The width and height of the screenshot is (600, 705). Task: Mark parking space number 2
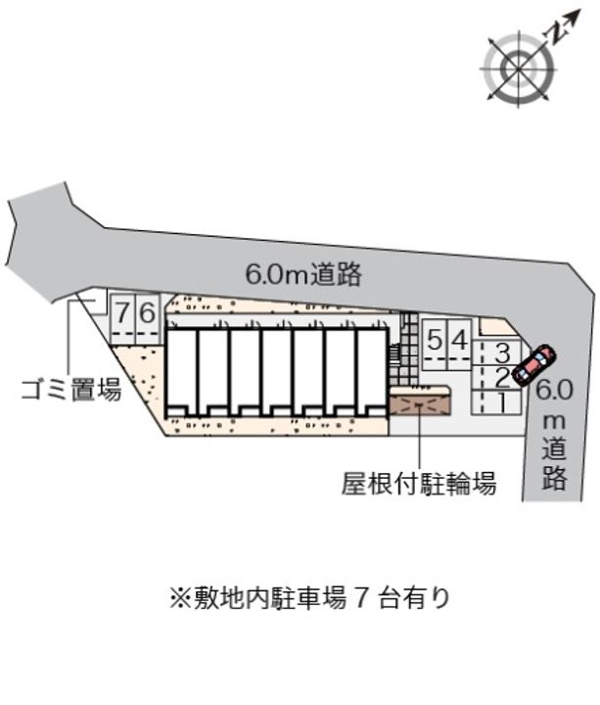point(498,376)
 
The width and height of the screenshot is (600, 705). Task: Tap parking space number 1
point(498,399)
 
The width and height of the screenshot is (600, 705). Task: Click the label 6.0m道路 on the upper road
point(303,275)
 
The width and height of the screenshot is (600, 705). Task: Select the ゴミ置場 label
point(70,392)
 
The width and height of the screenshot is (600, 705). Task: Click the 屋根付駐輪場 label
point(418,483)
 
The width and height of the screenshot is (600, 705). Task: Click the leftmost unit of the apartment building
point(181,369)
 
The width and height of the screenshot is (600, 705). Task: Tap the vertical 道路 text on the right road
point(555,462)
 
